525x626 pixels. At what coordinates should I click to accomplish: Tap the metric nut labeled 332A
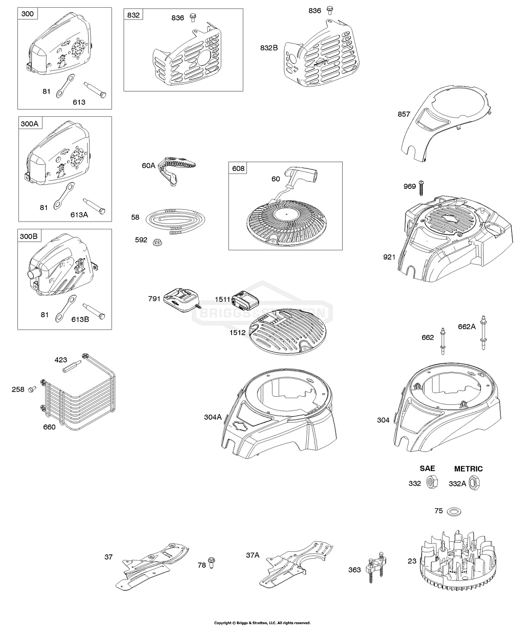[475, 483]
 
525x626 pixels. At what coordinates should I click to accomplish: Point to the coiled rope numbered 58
[174, 220]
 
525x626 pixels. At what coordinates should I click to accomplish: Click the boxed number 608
[239, 168]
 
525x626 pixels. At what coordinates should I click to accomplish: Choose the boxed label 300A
[29, 123]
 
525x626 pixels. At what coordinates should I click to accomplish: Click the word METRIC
[468, 468]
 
